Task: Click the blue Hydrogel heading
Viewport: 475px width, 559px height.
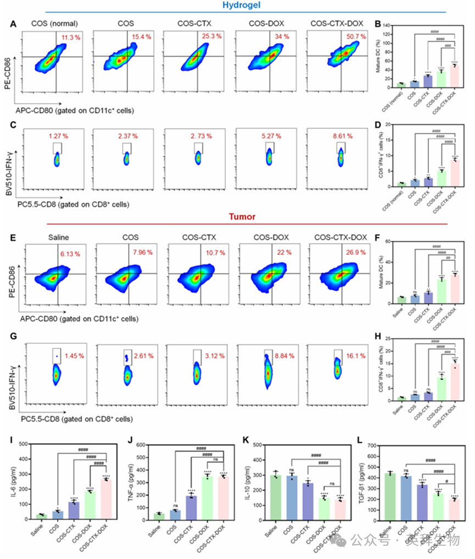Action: (238, 5)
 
